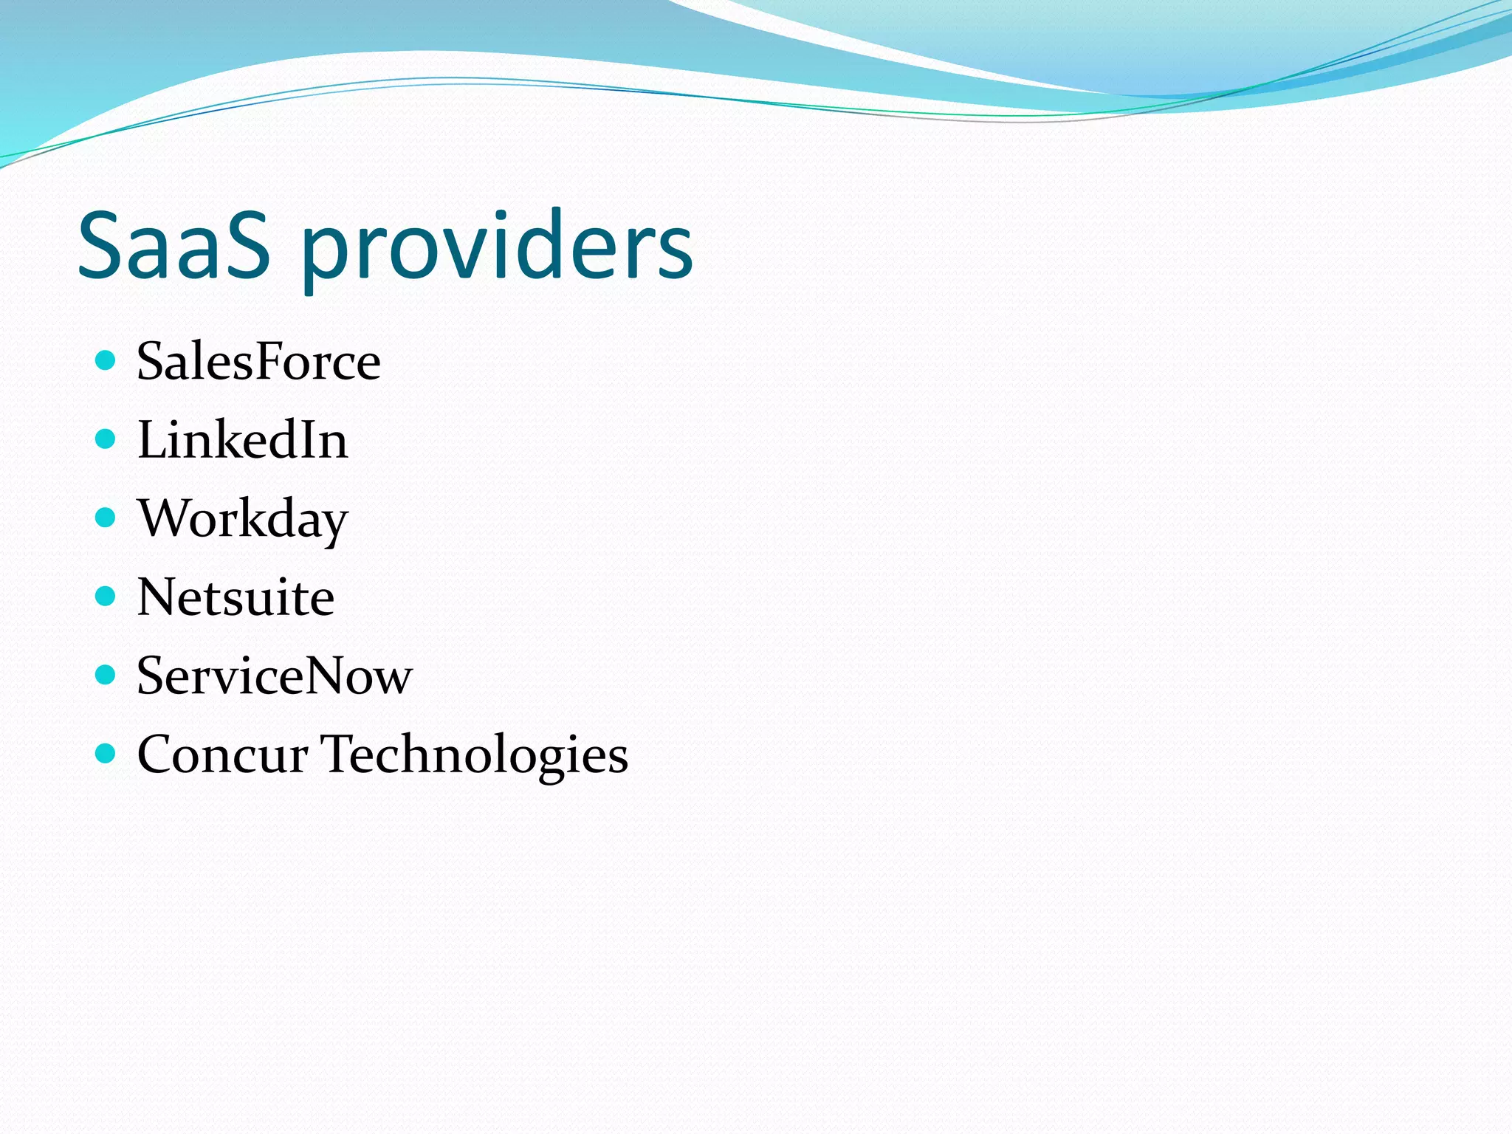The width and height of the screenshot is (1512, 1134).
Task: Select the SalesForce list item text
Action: (258, 362)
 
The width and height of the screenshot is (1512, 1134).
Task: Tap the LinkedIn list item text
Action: (242, 440)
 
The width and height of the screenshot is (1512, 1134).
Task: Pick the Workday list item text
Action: (242, 520)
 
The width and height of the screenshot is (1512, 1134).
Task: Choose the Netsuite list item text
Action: (236, 597)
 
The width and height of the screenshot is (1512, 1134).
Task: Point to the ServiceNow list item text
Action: (274, 676)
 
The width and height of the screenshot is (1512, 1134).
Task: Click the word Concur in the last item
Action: (222, 755)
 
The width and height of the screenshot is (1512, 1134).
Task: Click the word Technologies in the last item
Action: (474, 755)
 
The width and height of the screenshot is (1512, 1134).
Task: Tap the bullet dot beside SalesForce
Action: (106, 360)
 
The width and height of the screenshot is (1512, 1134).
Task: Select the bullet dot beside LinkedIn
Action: (106, 439)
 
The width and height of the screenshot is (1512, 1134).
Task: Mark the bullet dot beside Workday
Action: (106, 518)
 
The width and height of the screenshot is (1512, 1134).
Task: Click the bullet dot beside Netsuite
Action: (106, 596)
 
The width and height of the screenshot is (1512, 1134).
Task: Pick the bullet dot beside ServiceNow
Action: (106, 675)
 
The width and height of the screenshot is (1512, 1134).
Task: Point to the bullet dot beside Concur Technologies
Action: (106, 753)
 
